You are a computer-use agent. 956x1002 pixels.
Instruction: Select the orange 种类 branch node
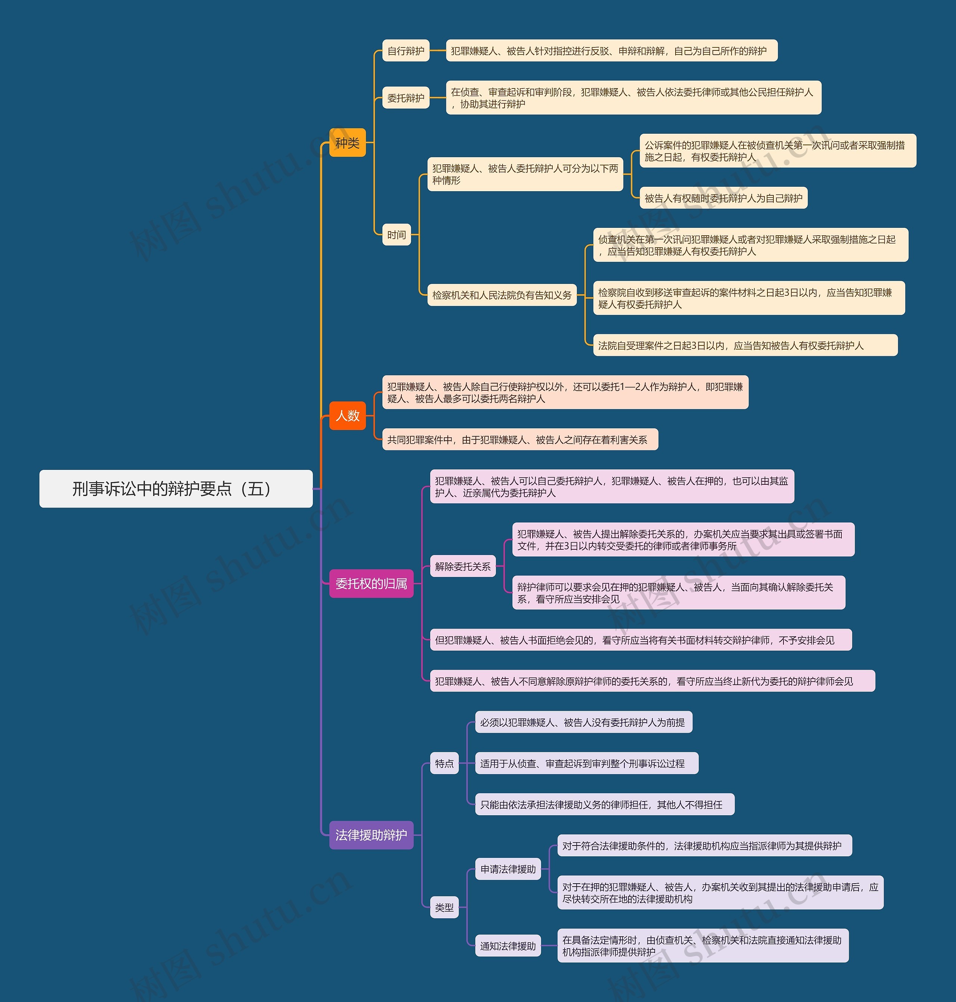[348, 143]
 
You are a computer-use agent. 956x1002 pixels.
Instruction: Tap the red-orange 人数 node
[348, 415]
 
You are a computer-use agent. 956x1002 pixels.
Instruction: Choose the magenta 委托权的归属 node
[371, 584]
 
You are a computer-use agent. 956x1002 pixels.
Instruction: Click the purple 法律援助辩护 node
[371, 835]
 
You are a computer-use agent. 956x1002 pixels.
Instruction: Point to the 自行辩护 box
[406, 51]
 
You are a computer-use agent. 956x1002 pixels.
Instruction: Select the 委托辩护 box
[406, 98]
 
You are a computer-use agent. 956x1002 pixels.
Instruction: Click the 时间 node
[397, 235]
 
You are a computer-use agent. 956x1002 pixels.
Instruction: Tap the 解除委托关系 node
[463, 566]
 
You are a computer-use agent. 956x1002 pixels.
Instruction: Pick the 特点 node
[444, 763]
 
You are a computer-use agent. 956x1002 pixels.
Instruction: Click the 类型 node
[444, 907]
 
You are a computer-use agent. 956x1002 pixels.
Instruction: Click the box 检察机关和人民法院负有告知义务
[502, 295]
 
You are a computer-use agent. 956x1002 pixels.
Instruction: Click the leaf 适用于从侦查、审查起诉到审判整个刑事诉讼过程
[586, 763]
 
